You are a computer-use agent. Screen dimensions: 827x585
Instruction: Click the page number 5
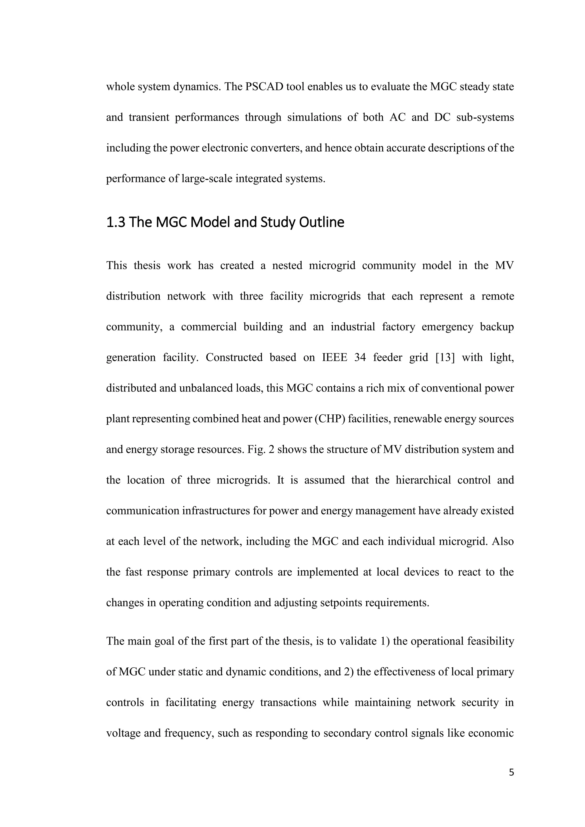click(511, 772)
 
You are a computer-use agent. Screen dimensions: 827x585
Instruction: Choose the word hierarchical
click(423, 480)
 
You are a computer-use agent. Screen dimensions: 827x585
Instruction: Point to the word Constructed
click(234, 358)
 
